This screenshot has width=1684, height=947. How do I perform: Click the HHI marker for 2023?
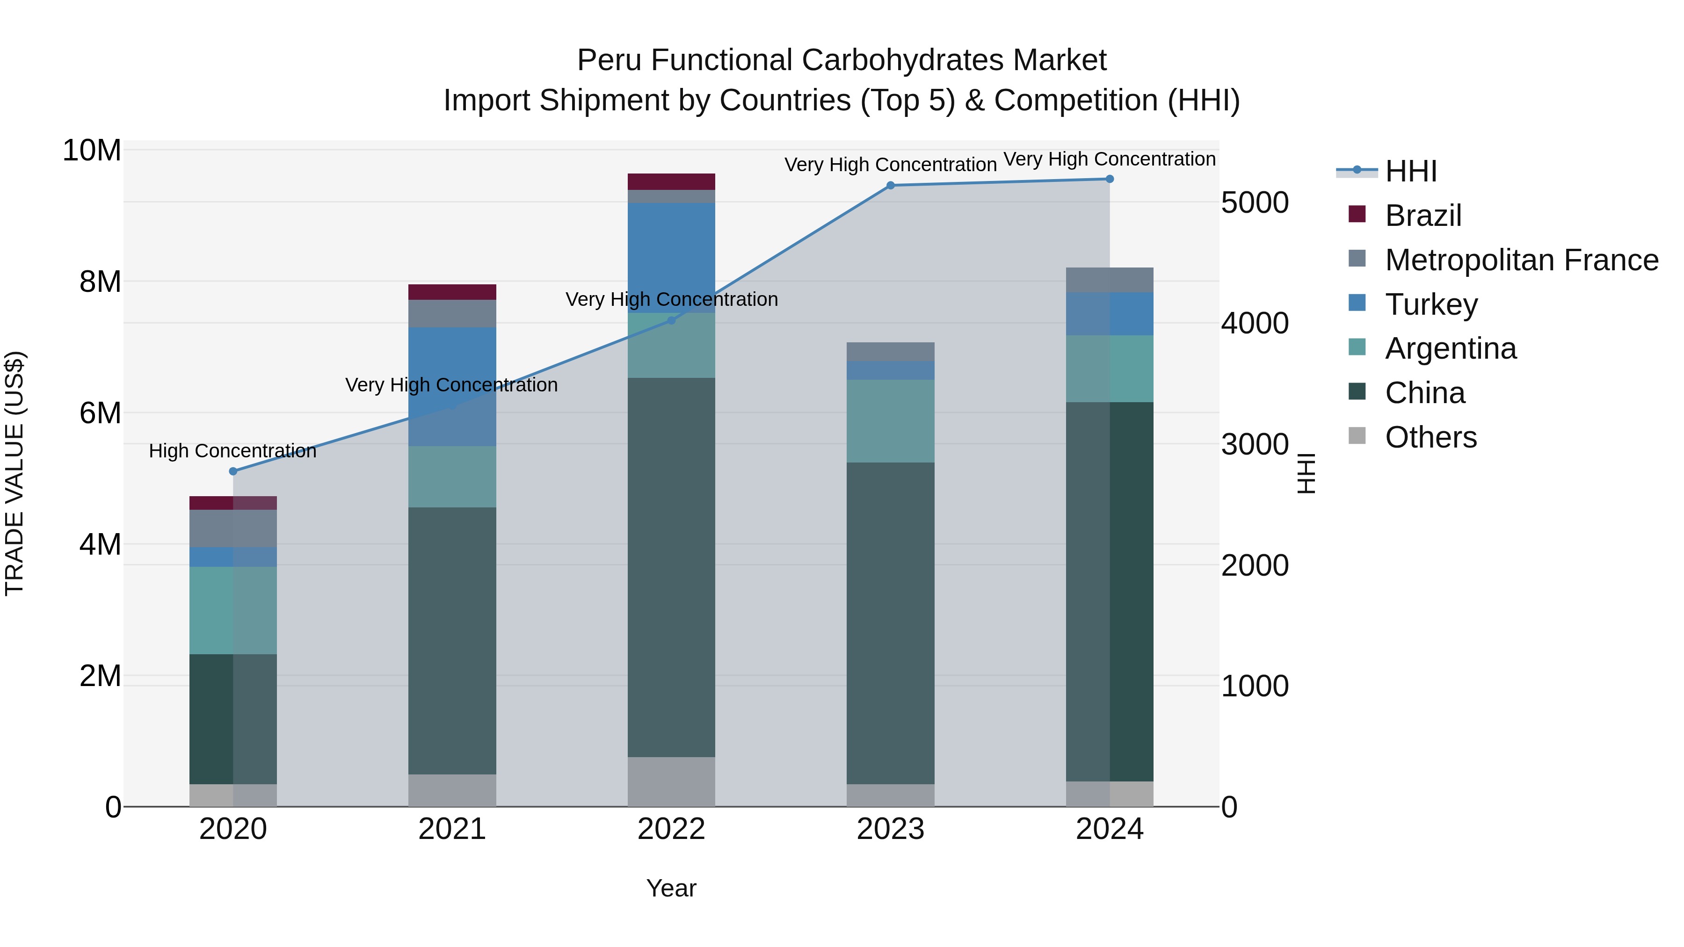(x=890, y=186)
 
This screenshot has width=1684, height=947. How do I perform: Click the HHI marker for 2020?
(x=233, y=471)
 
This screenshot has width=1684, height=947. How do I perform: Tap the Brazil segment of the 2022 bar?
(x=671, y=182)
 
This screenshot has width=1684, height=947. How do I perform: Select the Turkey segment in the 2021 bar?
(x=452, y=386)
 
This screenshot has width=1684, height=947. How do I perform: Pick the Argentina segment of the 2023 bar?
(x=890, y=421)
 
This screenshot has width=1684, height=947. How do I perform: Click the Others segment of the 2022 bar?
(x=671, y=781)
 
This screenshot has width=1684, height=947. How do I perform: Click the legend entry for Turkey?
(x=1430, y=304)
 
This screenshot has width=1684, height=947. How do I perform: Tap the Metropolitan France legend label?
(x=1521, y=260)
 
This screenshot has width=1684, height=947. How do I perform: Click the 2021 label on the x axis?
(x=452, y=829)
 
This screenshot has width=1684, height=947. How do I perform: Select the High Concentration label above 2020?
(x=233, y=451)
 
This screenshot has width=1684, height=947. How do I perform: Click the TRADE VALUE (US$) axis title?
(x=15, y=473)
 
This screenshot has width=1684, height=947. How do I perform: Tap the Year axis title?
(x=671, y=888)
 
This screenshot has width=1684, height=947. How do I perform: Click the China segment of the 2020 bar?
(x=233, y=719)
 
